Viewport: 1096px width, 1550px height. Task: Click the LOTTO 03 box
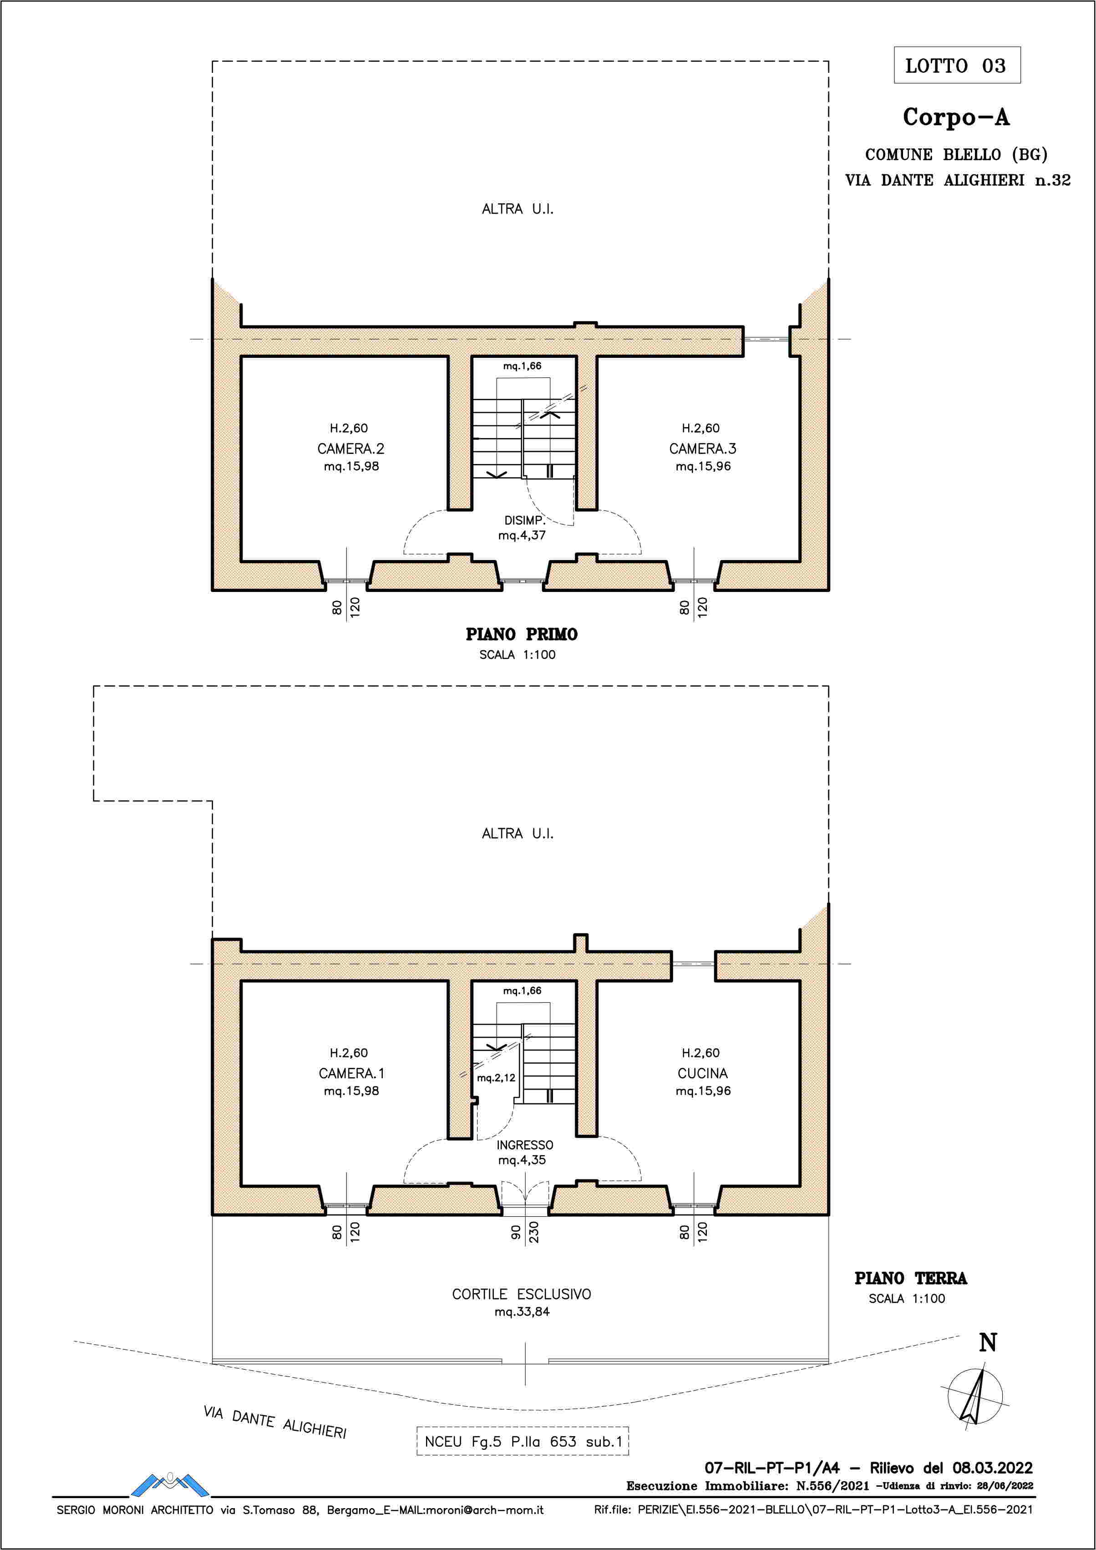(957, 66)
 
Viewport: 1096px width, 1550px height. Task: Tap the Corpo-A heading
(956, 117)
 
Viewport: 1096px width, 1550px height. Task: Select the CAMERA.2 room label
(351, 448)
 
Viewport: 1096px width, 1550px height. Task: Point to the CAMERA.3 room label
(703, 448)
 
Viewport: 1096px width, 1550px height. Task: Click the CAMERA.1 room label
(351, 1073)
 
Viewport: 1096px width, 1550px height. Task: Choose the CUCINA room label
(703, 1073)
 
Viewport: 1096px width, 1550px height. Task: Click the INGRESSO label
(524, 1145)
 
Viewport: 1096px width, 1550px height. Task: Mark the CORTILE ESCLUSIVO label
(522, 1294)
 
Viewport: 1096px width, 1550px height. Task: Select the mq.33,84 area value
(522, 1312)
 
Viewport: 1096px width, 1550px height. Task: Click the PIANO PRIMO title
(522, 635)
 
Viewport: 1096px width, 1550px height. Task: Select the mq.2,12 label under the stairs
(496, 1078)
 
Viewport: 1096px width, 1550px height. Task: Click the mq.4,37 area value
(522, 535)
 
